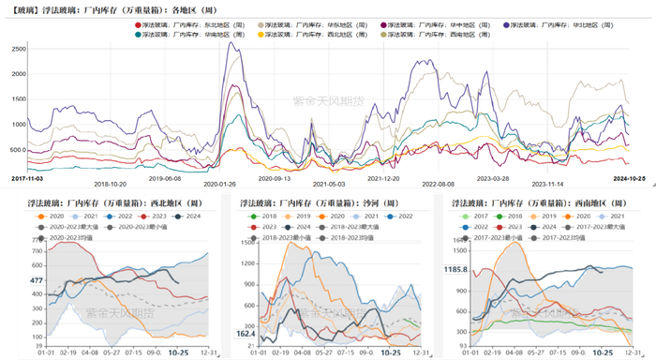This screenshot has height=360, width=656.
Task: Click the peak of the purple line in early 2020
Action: coord(232,42)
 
